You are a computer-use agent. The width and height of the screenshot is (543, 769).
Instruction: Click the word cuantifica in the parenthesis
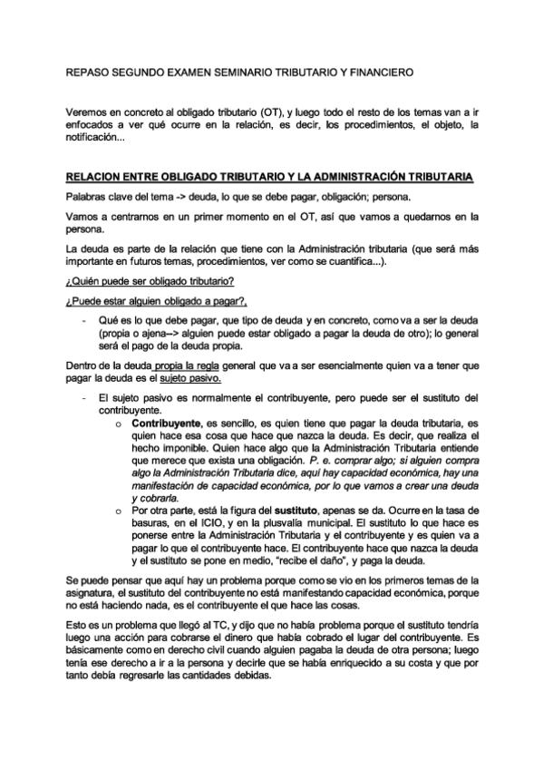tap(352, 262)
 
